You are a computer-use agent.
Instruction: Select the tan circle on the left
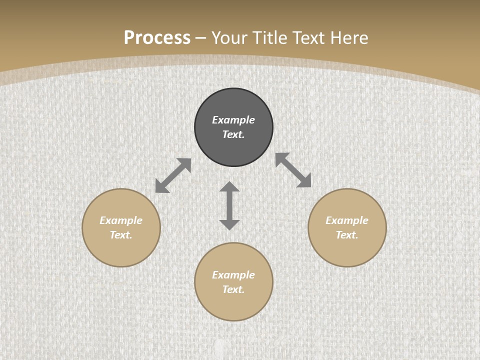coord(121,250)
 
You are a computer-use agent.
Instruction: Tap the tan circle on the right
coord(347,250)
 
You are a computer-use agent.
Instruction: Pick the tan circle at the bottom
coord(233,305)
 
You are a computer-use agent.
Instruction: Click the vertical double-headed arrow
coord(229,205)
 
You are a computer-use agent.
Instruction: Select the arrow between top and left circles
coord(173,175)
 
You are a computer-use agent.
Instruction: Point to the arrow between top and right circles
coord(293,170)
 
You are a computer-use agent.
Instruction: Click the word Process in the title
coord(157,38)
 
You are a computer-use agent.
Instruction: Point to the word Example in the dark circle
coord(233,120)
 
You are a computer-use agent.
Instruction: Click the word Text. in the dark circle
coord(233,134)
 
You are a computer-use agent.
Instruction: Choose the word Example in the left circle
coord(121,220)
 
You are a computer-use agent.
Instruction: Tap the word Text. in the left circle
coord(121,235)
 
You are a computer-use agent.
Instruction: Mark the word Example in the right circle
coord(347,220)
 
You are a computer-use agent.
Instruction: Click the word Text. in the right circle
coord(347,235)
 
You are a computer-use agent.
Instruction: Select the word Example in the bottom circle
coord(233,275)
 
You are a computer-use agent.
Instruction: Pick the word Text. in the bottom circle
coord(233,289)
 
